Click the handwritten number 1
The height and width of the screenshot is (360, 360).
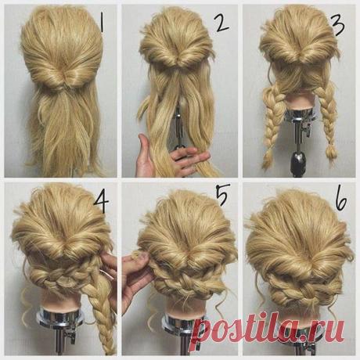point(102,23)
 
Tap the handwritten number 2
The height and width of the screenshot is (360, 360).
point(222,23)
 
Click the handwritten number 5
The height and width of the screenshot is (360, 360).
point(223,194)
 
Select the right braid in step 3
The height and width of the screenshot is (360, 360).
point(327,120)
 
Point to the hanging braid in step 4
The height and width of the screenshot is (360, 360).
point(103,313)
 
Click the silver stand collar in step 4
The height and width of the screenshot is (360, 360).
point(60,316)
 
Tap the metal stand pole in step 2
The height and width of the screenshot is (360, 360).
point(179,125)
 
